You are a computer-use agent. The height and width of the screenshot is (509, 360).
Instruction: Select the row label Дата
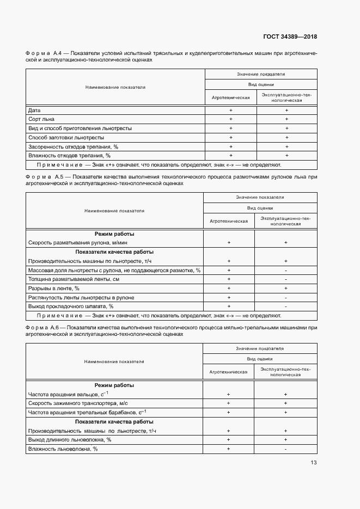34,111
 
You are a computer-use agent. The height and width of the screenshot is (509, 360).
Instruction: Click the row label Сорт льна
41,119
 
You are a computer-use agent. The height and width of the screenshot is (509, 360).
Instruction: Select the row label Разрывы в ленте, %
54,288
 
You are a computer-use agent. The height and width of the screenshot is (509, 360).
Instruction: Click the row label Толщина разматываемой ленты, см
74,279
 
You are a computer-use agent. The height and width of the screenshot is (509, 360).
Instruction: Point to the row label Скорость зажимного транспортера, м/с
77,403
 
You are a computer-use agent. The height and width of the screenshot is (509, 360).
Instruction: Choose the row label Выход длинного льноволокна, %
70,439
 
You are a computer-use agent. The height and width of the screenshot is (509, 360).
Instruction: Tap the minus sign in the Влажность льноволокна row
285,449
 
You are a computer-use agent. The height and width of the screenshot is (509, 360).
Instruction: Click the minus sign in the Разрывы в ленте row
285,288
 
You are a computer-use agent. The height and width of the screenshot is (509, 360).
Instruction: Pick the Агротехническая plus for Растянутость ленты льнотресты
229,298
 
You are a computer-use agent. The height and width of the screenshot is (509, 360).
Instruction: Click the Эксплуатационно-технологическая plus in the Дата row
286,111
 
